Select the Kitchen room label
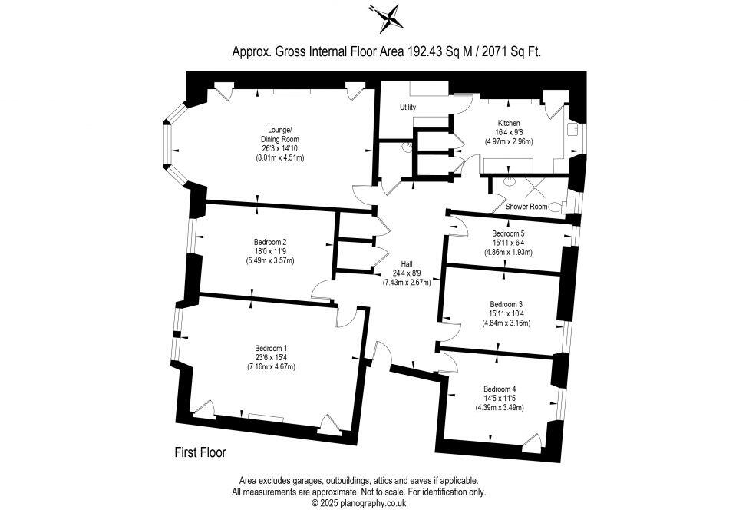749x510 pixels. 509,123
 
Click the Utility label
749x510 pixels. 407,108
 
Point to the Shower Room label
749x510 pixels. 526,207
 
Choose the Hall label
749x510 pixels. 407,263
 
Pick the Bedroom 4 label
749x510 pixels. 500,389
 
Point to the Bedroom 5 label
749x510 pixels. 508,233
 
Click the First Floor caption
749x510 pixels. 200,453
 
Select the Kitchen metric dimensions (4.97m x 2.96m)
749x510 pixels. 509,141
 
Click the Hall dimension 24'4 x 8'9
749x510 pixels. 407,273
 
